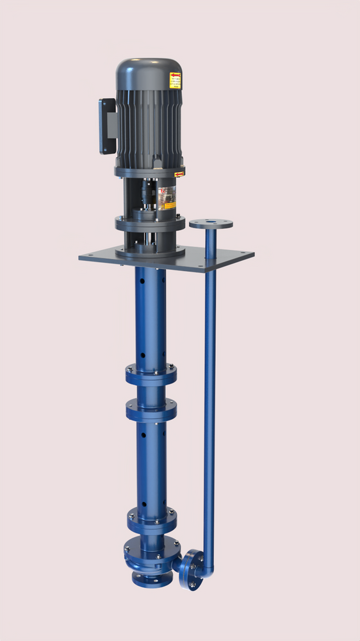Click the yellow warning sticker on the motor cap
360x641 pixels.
(x=175, y=80)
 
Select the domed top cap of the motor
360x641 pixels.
(x=149, y=72)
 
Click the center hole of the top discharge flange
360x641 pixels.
(x=211, y=223)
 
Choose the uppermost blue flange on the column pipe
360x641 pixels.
(x=151, y=374)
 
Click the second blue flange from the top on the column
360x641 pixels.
(x=151, y=409)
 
